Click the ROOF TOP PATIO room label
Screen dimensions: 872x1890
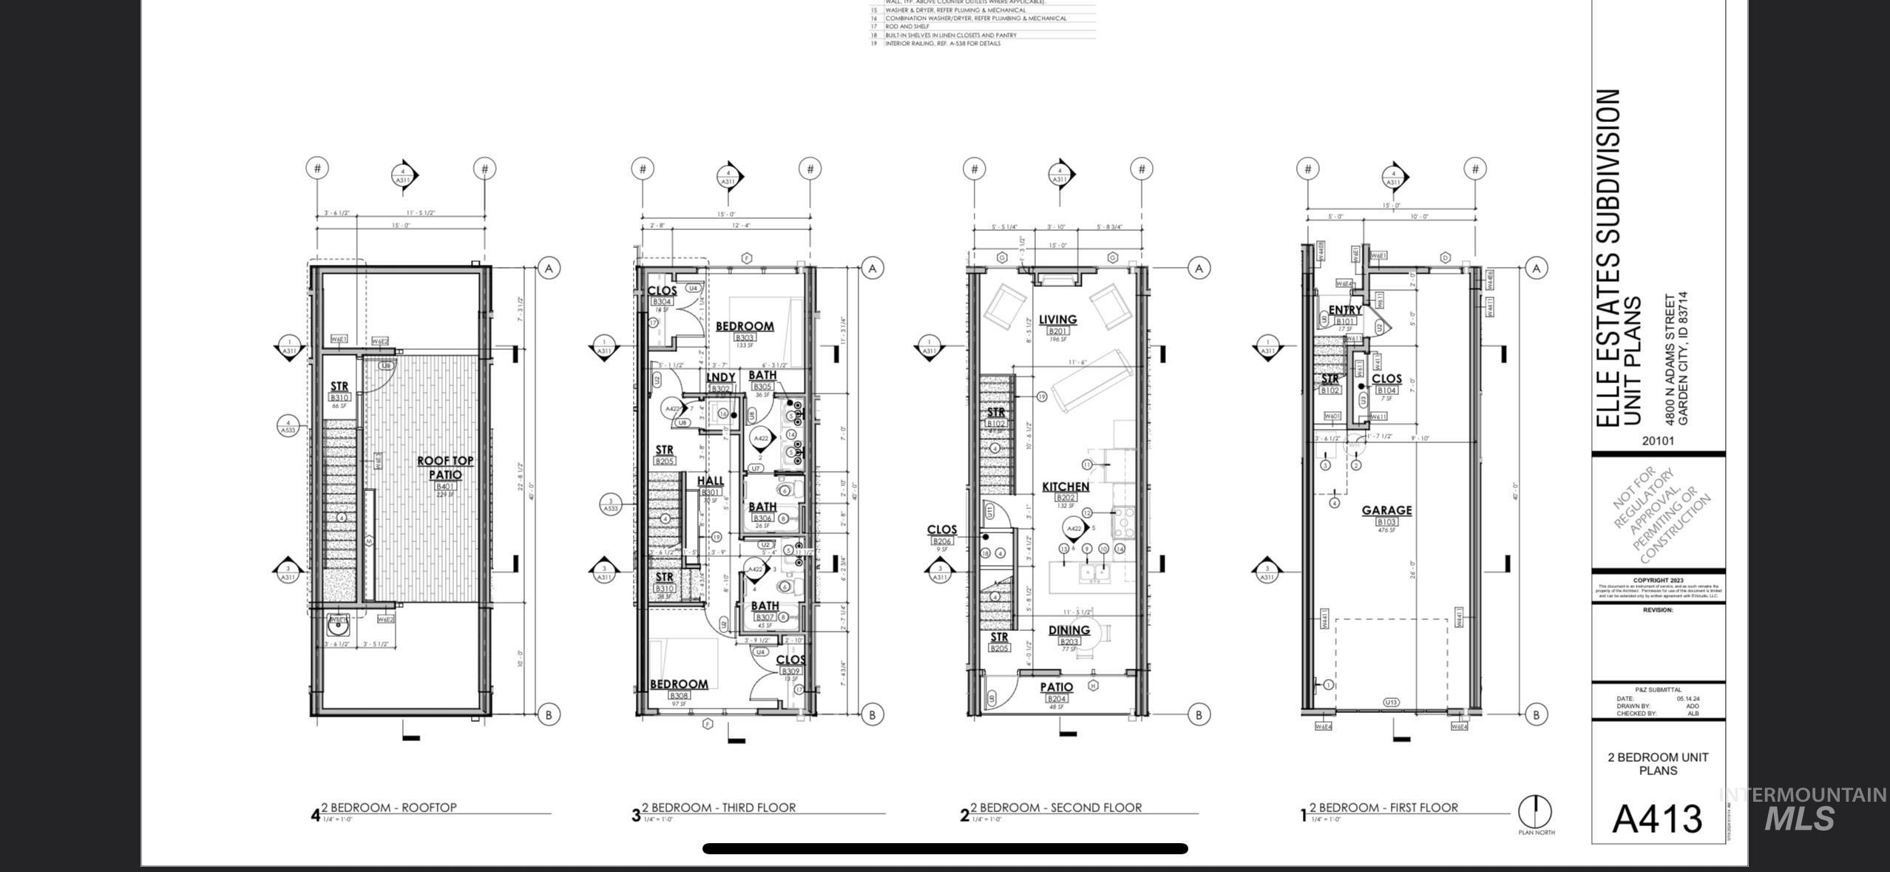pyautogui.click(x=445, y=467)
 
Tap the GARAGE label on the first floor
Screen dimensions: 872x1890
pyautogui.click(x=1386, y=510)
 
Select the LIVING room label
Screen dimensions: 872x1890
pyautogui.click(x=1057, y=320)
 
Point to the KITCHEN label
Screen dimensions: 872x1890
pyautogui.click(x=1066, y=487)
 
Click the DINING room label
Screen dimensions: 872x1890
pyautogui.click(x=1069, y=630)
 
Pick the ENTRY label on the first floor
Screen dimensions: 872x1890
pyautogui.click(x=1345, y=310)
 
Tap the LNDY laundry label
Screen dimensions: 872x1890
pyautogui.click(x=721, y=377)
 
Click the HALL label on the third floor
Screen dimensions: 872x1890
pyautogui.click(x=711, y=481)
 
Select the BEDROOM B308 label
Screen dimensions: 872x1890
pyautogui.click(x=679, y=685)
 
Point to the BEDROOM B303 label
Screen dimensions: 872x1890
pyautogui.click(x=745, y=326)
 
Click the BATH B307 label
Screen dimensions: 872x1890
pyautogui.click(x=765, y=606)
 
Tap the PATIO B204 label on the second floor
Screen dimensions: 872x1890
pyautogui.click(x=1057, y=687)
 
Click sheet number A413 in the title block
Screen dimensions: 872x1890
pyautogui.click(x=1657, y=818)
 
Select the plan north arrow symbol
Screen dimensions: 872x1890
pyautogui.click(x=1535, y=813)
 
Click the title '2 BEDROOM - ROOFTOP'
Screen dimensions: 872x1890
pyautogui.click(x=388, y=808)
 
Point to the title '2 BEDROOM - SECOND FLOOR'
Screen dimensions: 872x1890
pyautogui.click(x=1056, y=808)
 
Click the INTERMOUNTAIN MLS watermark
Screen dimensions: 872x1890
pyautogui.click(x=1803, y=808)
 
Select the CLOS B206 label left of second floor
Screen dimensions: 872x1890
pyautogui.click(x=941, y=530)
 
